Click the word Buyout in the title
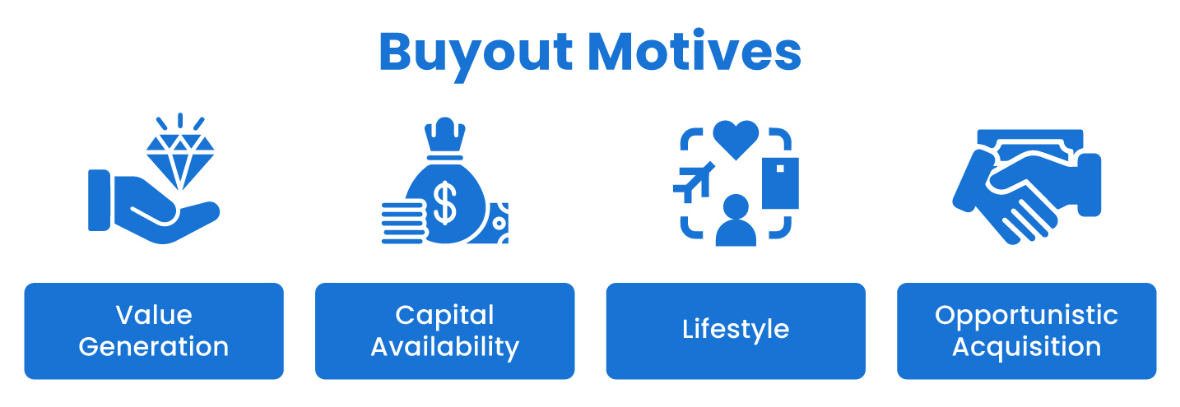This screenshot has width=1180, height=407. tap(476, 53)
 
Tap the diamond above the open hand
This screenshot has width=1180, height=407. tap(179, 157)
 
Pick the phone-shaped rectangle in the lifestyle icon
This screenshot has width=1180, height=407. tap(780, 182)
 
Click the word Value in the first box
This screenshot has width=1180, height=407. tap(154, 315)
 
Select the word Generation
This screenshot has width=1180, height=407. tap(154, 346)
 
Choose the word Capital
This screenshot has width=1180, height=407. tap(444, 315)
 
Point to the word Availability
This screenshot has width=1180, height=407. tap(444, 346)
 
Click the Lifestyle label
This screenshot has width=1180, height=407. tap(736, 331)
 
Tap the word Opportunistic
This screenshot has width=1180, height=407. tap(1026, 315)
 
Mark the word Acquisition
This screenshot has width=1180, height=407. tap(1026, 346)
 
